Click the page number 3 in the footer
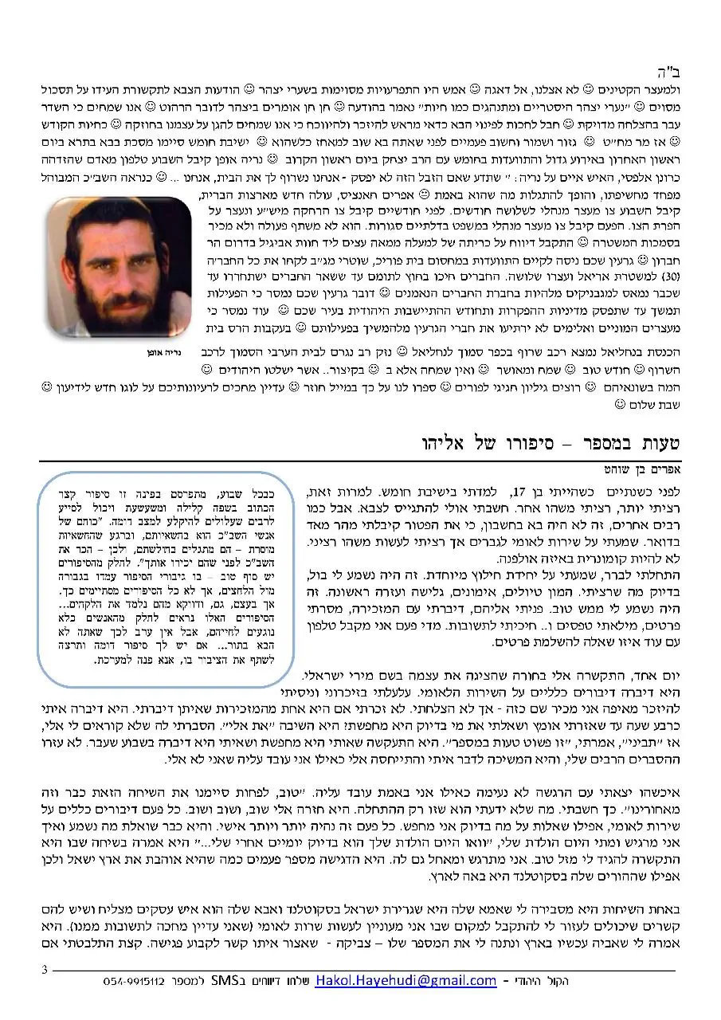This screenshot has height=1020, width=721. coord(45,970)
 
